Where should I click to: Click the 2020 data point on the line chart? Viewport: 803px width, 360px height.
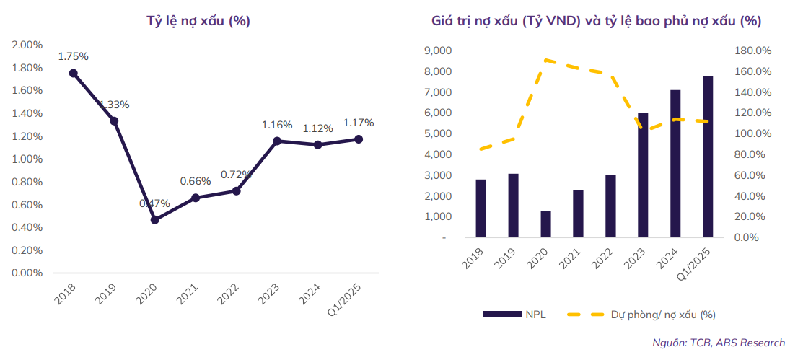(x=154, y=219)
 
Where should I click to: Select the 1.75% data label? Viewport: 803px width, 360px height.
(x=74, y=56)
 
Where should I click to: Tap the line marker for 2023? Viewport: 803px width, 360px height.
(x=276, y=141)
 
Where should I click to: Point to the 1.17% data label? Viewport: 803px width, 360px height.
(x=359, y=123)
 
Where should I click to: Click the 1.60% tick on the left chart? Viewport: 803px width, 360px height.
(x=27, y=90)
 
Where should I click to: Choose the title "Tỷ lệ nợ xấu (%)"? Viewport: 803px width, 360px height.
(x=198, y=21)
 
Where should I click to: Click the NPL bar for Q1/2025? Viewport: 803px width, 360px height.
(x=708, y=157)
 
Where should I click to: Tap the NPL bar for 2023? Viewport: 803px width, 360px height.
(x=643, y=175)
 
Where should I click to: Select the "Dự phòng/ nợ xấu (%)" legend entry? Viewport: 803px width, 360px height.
(x=641, y=314)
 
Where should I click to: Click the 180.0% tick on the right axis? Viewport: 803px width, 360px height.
(x=752, y=51)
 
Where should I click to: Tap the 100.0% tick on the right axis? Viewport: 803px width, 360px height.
(x=752, y=133)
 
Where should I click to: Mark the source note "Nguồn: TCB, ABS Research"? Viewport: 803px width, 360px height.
(x=719, y=343)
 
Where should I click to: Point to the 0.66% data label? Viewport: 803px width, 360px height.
(x=196, y=181)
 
